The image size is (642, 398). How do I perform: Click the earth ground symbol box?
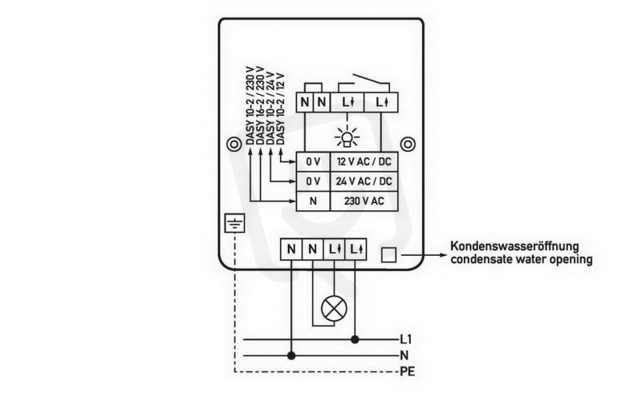click(235, 223)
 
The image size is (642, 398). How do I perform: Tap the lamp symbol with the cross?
click(334, 308)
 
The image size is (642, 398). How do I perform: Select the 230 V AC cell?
click(364, 201)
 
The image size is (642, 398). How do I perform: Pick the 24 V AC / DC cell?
click(364, 181)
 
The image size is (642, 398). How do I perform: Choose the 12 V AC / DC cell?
click(364, 162)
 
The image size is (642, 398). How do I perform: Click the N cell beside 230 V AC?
click(313, 201)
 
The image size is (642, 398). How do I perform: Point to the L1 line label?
click(405, 339)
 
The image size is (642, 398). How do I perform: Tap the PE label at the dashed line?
click(408, 372)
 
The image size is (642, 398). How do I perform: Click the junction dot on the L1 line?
click(355, 339)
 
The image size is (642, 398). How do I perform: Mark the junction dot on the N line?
click(291, 355)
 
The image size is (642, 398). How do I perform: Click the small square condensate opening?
click(388, 254)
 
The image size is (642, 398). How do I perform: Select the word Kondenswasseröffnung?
click(514, 246)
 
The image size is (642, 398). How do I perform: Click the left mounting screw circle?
click(234, 144)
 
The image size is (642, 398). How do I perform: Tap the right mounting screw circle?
click(408, 144)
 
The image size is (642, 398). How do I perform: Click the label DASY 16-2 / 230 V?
click(260, 105)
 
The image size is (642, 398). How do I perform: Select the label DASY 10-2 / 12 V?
click(280, 109)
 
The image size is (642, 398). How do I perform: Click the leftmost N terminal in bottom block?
click(291, 249)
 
